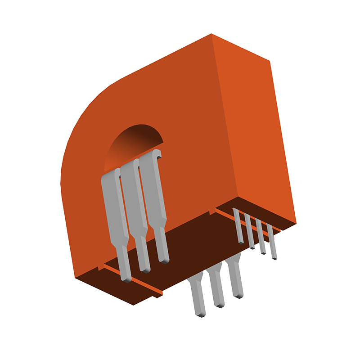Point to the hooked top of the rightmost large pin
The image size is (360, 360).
click(155, 155)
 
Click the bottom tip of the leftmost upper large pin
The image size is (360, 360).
click(127, 278)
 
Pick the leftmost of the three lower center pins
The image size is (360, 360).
click(198, 297)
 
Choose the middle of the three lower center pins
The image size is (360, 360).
click(217, 288)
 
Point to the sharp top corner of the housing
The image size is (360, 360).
click(212, 35)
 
